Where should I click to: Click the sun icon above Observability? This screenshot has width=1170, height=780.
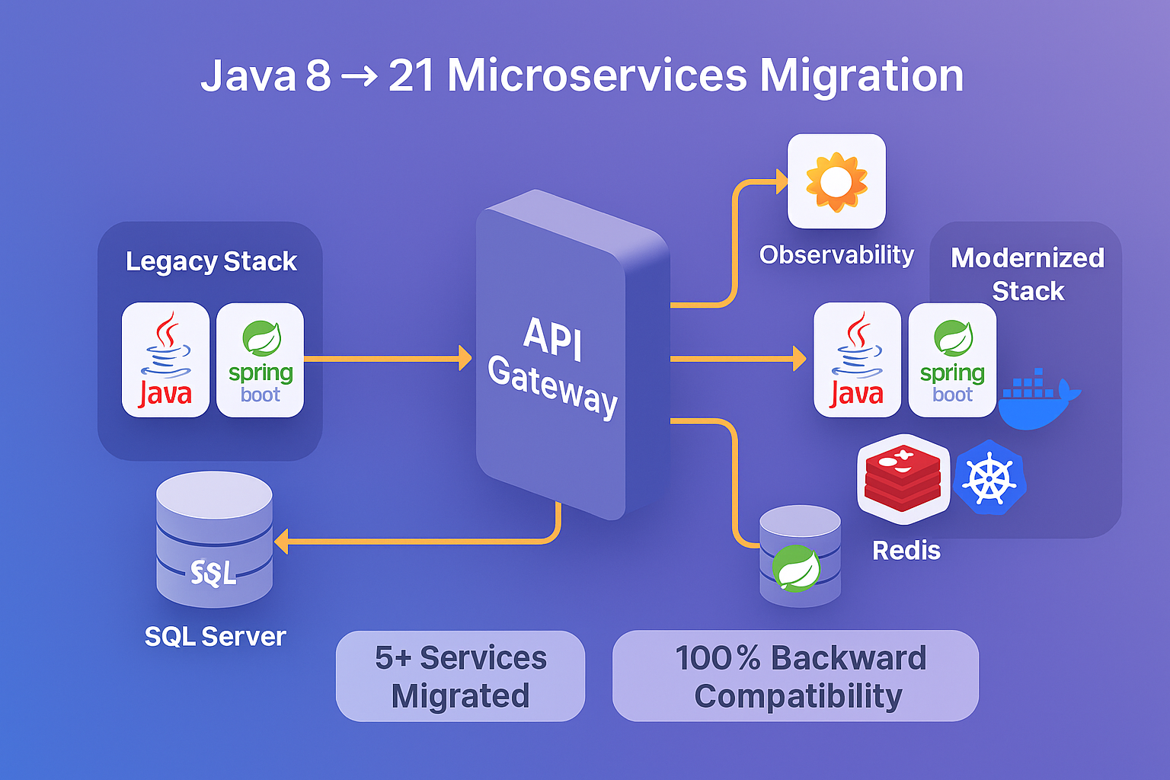(x=836, y=181)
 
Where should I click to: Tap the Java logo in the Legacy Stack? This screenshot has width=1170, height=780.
(x=165, y=360)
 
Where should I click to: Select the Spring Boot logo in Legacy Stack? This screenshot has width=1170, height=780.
(x=261, y=360)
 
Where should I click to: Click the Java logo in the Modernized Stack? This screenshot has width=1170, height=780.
(x=857, y=360)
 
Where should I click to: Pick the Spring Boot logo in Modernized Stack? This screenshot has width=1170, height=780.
(x=952, y=360)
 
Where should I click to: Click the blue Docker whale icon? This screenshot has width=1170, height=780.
(x=1036, y=400)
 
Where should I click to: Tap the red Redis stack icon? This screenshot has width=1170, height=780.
(x=903, y=478)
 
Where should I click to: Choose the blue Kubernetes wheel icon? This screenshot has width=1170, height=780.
(x=989, y=478)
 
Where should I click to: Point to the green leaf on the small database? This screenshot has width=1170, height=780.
(x=796, y=568)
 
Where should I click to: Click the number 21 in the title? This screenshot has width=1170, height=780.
(x=411, y=76)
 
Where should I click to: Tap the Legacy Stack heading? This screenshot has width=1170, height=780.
(x=211, y=261)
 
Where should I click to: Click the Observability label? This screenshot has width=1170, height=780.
(x=836, y=254)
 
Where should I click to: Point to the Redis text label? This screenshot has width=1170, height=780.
(x=906, y=550)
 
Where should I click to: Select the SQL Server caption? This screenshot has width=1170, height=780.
(x=215, y=636)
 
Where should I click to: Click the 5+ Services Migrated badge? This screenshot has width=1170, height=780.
(x=460, y=676)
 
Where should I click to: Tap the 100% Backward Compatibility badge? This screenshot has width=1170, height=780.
(x=795, y=676)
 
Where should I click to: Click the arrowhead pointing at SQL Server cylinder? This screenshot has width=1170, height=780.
(x=281, y=542)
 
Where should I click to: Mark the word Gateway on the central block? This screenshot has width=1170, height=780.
(x=552, y=386)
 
